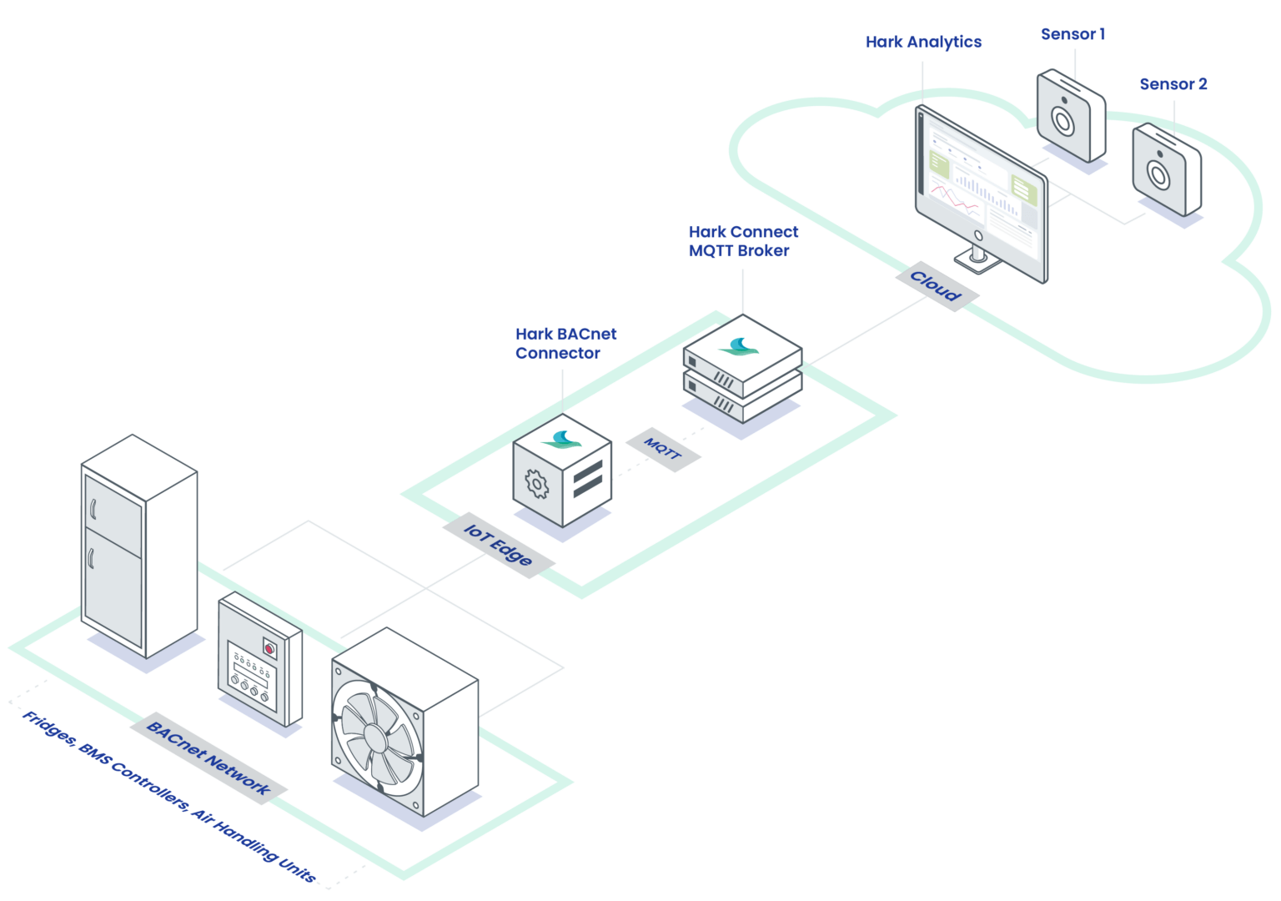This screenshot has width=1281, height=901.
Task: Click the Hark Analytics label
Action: pos(923,42)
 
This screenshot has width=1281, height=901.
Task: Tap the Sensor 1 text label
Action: pos(1073,34)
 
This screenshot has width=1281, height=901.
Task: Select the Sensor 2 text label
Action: pos(1173,84)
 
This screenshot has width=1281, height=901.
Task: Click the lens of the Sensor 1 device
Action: pos(1062,122)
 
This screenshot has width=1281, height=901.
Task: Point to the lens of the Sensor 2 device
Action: pos(1158,174)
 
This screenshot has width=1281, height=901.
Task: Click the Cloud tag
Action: pos(936,286)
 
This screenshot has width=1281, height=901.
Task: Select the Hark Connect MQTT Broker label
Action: pos(743,241)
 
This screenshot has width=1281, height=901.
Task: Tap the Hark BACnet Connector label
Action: pos(565,343)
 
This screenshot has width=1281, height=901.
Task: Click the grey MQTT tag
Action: pos(662,449)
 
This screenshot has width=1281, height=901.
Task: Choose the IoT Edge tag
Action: pos(498,545)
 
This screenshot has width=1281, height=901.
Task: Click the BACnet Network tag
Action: pos(208,758)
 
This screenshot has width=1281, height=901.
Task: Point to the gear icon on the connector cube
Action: pos(537,484)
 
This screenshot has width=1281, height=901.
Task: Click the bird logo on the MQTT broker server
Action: pos(739,346)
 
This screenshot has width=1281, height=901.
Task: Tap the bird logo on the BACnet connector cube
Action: pos(561,439)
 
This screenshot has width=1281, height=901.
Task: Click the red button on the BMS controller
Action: pos(269,648)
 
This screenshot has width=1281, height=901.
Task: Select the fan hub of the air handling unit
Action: pos(374,737)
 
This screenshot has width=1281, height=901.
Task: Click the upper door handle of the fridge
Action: pos(93,508)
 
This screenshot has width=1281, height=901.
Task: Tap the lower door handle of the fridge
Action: pos(91,557)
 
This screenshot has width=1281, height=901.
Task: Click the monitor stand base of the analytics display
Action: pos(977,264)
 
